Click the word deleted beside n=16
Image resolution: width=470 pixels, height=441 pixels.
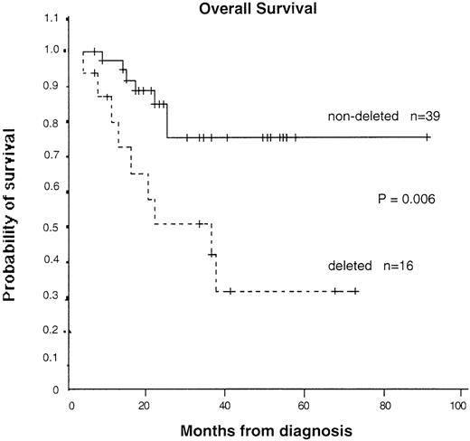coord(348,267)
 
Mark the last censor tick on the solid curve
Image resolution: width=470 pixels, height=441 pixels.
coord(427,137)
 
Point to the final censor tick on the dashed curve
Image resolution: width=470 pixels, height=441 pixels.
coord(354,291)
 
